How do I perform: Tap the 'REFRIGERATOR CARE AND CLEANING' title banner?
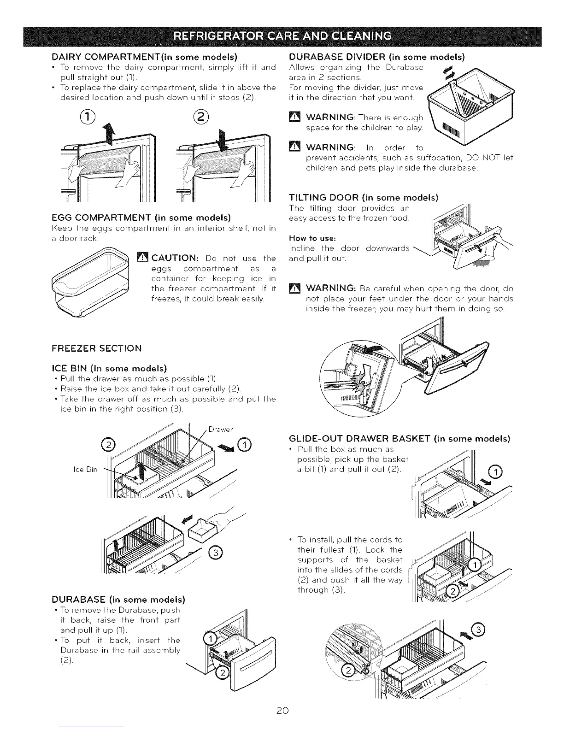click(282, 35)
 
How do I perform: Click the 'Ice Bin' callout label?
click(85, 470)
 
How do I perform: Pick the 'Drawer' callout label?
click(221, 430)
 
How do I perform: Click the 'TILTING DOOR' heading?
click(363, 199)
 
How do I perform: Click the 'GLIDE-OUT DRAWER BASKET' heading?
click(399, 438)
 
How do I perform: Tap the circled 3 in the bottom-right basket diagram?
click(479, 630)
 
